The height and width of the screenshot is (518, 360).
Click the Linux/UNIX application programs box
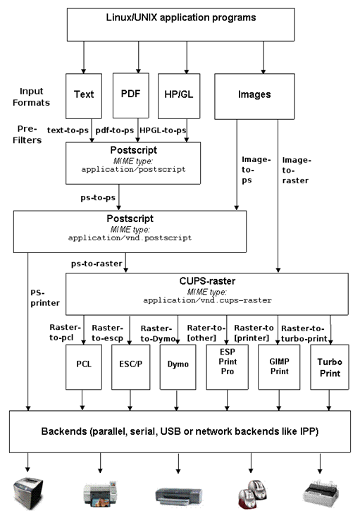180,25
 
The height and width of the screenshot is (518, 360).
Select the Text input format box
84,96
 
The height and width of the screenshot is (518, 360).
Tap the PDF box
131,95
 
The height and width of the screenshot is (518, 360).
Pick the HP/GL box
179,96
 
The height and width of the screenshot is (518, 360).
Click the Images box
254,96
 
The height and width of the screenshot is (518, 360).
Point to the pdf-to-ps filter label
115,130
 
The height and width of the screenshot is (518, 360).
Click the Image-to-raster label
297,171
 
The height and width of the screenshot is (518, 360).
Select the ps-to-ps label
98,197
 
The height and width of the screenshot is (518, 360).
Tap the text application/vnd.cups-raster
207,300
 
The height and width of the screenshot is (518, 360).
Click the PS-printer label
45,298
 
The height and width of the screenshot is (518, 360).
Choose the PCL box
84,367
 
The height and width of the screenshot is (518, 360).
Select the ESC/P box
131,367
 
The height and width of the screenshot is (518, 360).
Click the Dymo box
178,367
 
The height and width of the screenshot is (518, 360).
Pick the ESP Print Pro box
228,367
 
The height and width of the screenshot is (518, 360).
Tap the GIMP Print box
279,367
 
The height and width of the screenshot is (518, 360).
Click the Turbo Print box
330,367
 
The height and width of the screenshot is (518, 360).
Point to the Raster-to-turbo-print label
304,333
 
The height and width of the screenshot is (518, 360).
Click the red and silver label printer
252,495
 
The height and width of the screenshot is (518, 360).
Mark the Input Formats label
31,97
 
